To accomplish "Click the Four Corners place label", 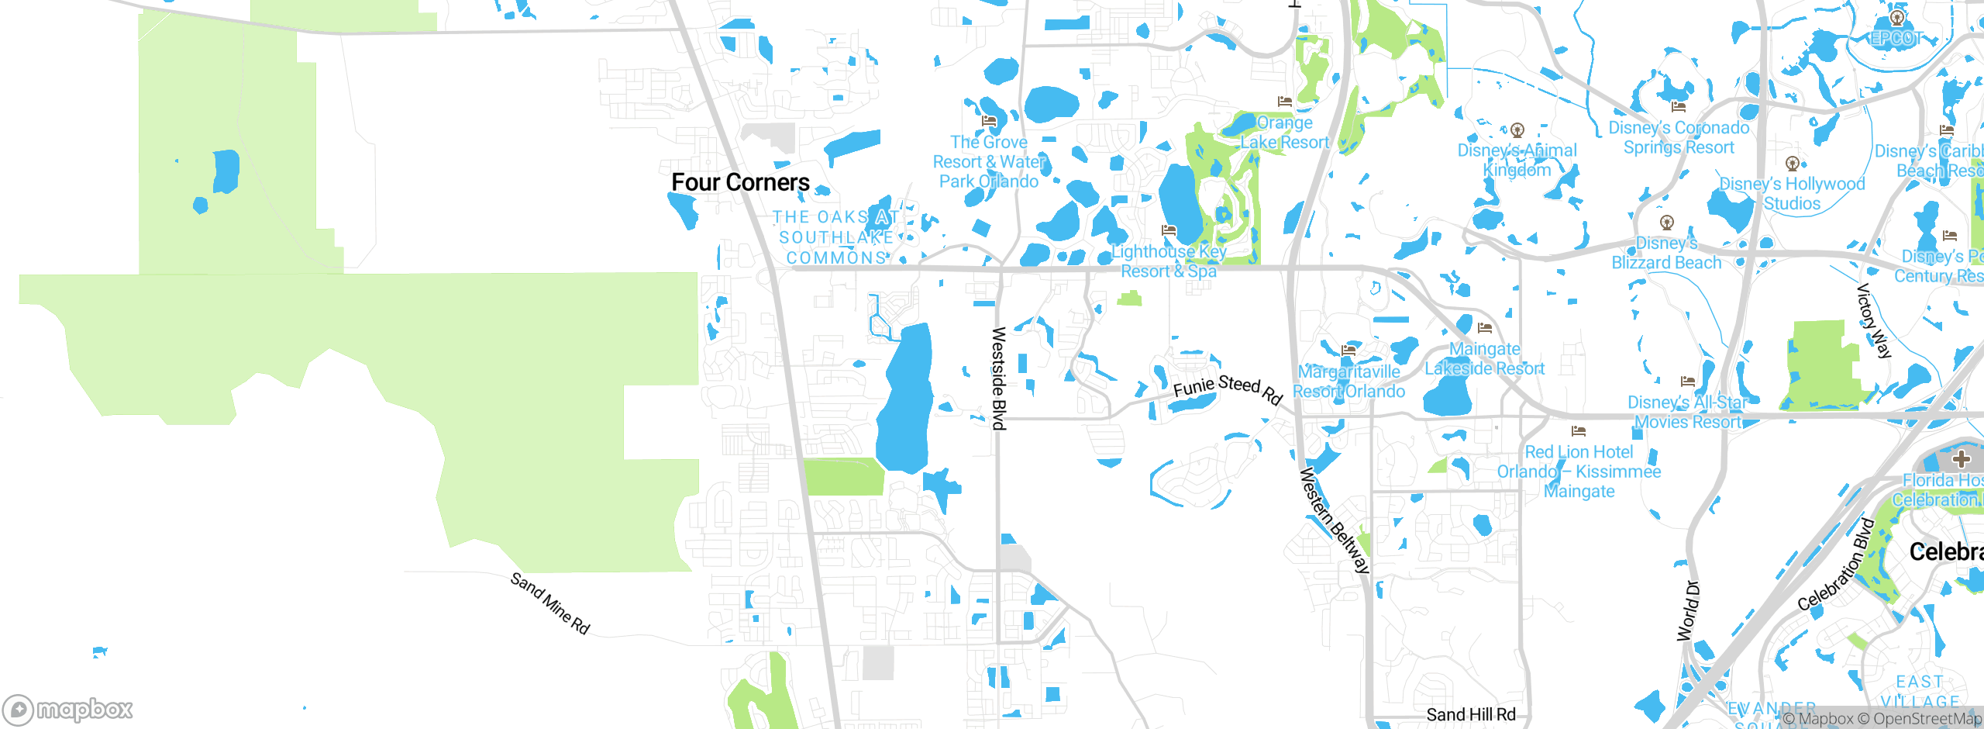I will (x=740, y=182).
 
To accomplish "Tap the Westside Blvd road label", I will (x=999, y=378).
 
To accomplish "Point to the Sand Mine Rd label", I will (x=550, y=603).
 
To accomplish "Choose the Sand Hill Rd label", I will (x=1470, y=714).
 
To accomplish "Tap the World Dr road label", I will (x=1687, y=610).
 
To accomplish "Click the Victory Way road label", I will (x=1874, y=320).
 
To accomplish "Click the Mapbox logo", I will (x=68, y=710).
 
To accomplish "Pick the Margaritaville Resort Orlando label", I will (x=1348, y=382).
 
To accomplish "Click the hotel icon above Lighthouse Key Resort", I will (x=1169, y=230).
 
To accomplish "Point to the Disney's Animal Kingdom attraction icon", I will (x=1517, y=130).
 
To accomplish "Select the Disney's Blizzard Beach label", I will (x=1666, y=253).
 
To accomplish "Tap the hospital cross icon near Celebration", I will (x=1962, y=458).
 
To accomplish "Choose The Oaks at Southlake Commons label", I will (x=836, y=237).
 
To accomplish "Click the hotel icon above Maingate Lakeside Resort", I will (x=1484, y=328).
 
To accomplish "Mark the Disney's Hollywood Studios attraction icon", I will (x=1792, y=164).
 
